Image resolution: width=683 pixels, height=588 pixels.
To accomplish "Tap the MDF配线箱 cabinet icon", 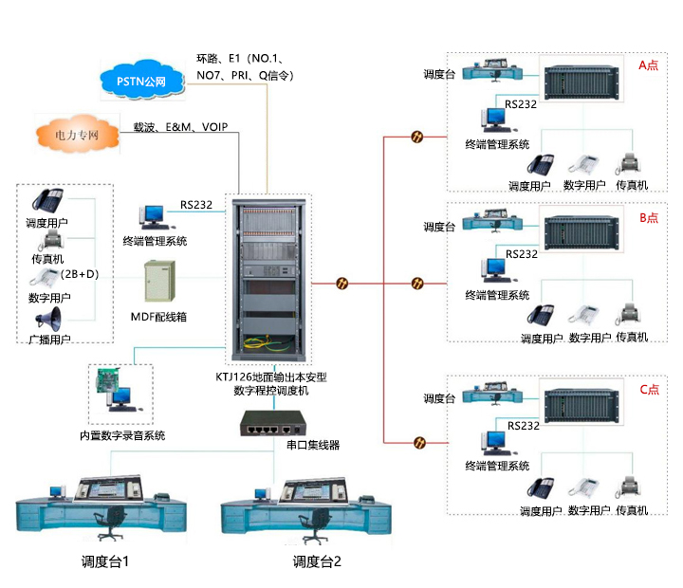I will (159, 281).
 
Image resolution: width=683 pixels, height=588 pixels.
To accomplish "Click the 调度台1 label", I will (105, 561).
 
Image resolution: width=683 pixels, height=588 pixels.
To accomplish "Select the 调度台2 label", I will (317, 561).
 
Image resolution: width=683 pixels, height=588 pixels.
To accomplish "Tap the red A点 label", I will (649, 65).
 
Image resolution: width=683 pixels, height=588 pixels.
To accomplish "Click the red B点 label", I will (649, 217).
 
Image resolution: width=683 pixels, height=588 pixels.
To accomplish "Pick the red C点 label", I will (649, 389).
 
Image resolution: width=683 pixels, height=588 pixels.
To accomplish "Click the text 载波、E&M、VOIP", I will (180, 126).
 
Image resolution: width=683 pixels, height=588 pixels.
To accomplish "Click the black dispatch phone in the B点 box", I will (542, 315).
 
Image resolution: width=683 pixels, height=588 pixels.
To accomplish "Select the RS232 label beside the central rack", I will (196, 204).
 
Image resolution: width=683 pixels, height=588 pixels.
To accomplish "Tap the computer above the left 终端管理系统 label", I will (154, 217).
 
